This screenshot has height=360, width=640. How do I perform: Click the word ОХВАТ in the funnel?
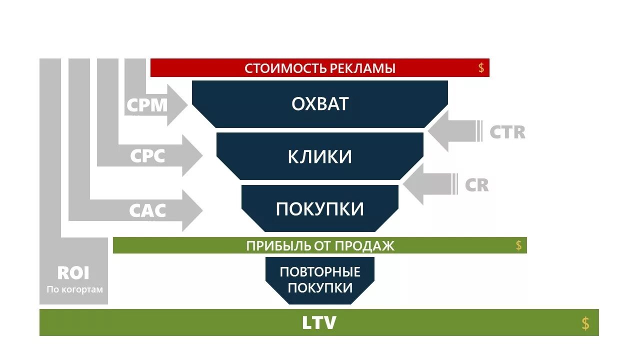pos(320,104)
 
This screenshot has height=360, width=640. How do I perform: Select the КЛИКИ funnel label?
pos(320,156)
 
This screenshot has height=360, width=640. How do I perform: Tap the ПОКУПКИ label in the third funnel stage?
pos(320,209)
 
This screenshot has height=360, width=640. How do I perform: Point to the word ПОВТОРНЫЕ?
pos(320,272)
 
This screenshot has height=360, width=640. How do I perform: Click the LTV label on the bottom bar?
pos(319,322)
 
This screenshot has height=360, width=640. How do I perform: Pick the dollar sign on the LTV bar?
pos(585,323)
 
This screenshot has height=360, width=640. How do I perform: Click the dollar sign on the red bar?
pos(481,68)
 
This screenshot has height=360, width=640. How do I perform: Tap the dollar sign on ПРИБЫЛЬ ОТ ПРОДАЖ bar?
pos(518,245)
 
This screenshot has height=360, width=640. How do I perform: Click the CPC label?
pos(147,156)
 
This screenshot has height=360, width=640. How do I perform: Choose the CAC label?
pos(147,210)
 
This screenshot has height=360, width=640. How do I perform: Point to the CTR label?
pos(507,132)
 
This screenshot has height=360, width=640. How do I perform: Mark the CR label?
pos(476,185)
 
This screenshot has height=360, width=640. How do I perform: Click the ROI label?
pos(73,273)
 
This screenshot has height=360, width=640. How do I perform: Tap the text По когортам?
pos(75,289)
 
